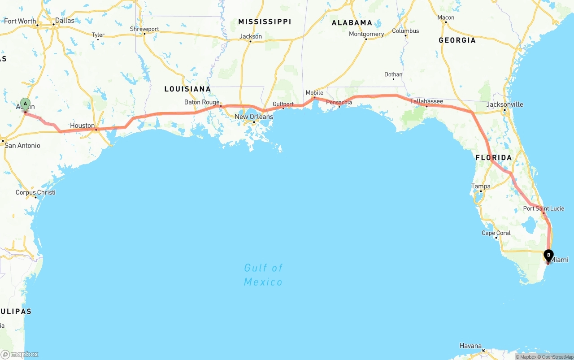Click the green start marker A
point(25,104)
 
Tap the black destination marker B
point(548,256)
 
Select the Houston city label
point(82,126)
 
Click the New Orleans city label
point(254,117)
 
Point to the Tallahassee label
point(426,101)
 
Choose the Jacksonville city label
point(505,104)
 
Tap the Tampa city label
point(481,186)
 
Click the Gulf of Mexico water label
point(263,275)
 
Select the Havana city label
point(470,346)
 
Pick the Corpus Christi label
point(35,192)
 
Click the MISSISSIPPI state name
point(265,22)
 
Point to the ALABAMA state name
point(352,22)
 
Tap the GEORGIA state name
point(457,40)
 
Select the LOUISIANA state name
point(187,89)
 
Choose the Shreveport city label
point(144,29)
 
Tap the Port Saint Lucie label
point(544,208)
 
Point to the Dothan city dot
point(393,79)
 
